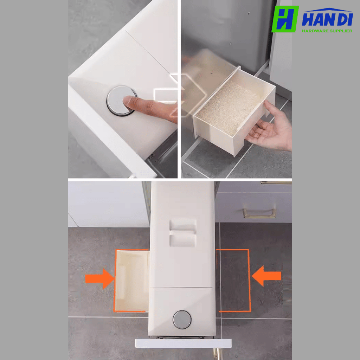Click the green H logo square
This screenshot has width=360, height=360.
click(285, 19)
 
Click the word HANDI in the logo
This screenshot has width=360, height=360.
click(327, 20)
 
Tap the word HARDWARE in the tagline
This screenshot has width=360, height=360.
click(314, 31)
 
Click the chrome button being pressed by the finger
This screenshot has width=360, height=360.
click(121, 101)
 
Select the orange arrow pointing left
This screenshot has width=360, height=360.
click(266, 276)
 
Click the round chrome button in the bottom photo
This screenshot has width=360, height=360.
click(182, 320)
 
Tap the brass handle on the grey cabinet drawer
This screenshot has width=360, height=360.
click(259, 213)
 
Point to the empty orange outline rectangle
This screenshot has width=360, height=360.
click(249, 281)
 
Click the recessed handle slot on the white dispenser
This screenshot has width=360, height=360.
click(183, 233)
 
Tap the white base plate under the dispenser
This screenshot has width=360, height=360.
click(183, 343)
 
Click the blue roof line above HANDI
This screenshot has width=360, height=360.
click(329, 9)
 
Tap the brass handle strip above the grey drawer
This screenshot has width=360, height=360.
click(276, 183)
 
